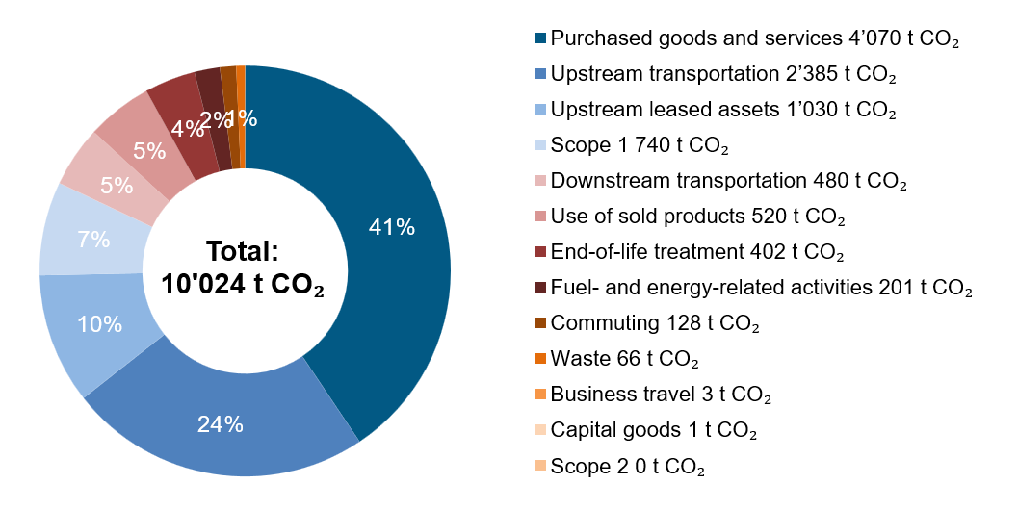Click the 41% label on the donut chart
(x=393, y=228)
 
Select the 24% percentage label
(x=221, y=422)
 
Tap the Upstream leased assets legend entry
(x=723, y=111)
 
